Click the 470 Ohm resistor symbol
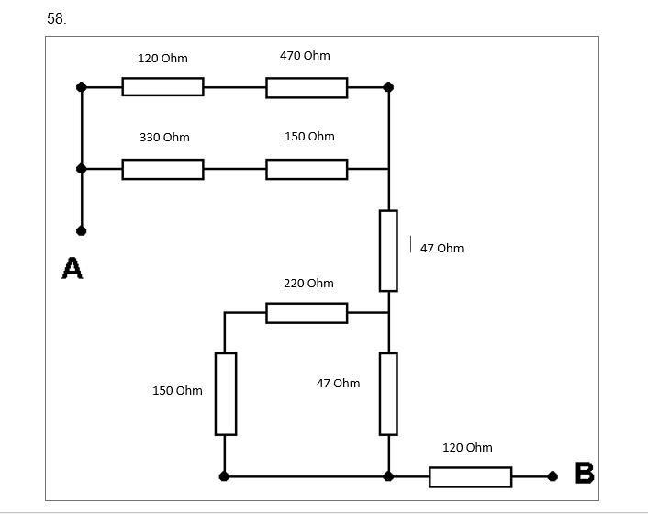(307, 87)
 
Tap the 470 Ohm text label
(305, 56)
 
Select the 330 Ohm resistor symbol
(162, 169)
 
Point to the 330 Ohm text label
(164, 138)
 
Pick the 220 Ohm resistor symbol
(307, 313)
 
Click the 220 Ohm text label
(308, 284)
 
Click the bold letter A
(72, 269)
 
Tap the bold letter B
(584, 474)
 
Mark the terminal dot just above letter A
(82, 230)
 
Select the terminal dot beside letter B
(553, 476)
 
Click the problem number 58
(56, 18)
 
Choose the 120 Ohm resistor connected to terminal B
(470, 476)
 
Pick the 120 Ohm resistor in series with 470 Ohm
(162, 87)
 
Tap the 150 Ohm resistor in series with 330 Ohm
(307, 169)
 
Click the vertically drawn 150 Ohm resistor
(225, 393)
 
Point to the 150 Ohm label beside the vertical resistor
(177, 391)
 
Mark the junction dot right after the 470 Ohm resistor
(388, 87)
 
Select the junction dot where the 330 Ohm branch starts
(82, 169)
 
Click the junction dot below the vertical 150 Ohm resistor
(225, 476)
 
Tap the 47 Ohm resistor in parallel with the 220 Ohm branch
(388, 393)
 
